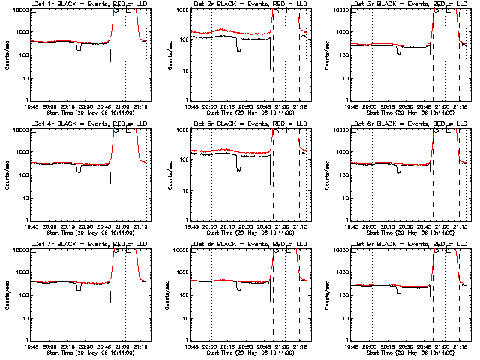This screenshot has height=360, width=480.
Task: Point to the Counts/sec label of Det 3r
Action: pyautogui.click(x=328, y=55)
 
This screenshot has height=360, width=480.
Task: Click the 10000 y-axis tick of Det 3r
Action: pyautogui.click(x=341, y=10)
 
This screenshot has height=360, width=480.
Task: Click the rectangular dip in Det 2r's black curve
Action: pyautogui.click(x=239, y=44)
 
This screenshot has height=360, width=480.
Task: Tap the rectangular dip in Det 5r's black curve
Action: pyautogui.click(x=239, y=163)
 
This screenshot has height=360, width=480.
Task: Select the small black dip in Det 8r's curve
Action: pyautogui.click(x=239, y=286)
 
